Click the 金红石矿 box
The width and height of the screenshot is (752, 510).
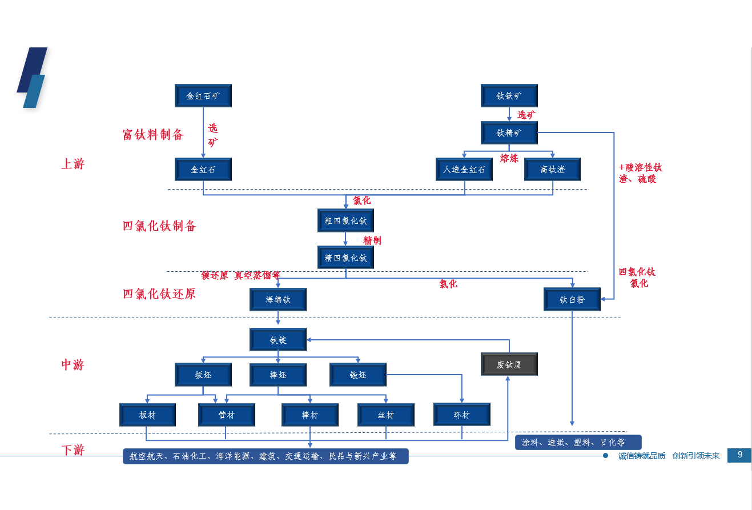[203, 95]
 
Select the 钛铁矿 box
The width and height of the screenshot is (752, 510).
[509, 95]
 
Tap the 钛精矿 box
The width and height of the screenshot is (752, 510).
[509, 132]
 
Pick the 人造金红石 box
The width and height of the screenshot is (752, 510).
[464, 169]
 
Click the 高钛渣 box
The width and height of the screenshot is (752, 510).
[552, 169]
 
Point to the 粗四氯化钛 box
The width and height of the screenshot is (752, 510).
[345, 220]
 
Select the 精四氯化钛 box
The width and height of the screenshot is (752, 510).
[345, 257]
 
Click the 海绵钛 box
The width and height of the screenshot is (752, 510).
[278, 299]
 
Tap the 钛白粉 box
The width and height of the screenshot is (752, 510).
[572, 299]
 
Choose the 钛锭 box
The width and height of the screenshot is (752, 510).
[278, 339]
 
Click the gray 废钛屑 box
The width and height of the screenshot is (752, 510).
[509, 364]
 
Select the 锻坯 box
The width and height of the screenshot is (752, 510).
[358, 375]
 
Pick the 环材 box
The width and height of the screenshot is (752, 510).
[461, 415]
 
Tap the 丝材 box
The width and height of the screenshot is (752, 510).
[385, 415]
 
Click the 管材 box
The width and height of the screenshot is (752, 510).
[226, 415]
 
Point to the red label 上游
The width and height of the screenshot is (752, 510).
[73, 164]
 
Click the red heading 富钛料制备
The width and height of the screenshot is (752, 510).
[153, 135]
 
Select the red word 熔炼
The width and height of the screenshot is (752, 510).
[509, 158]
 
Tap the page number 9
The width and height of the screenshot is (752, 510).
[739, 455]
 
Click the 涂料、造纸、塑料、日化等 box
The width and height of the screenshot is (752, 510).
[578, 442]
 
